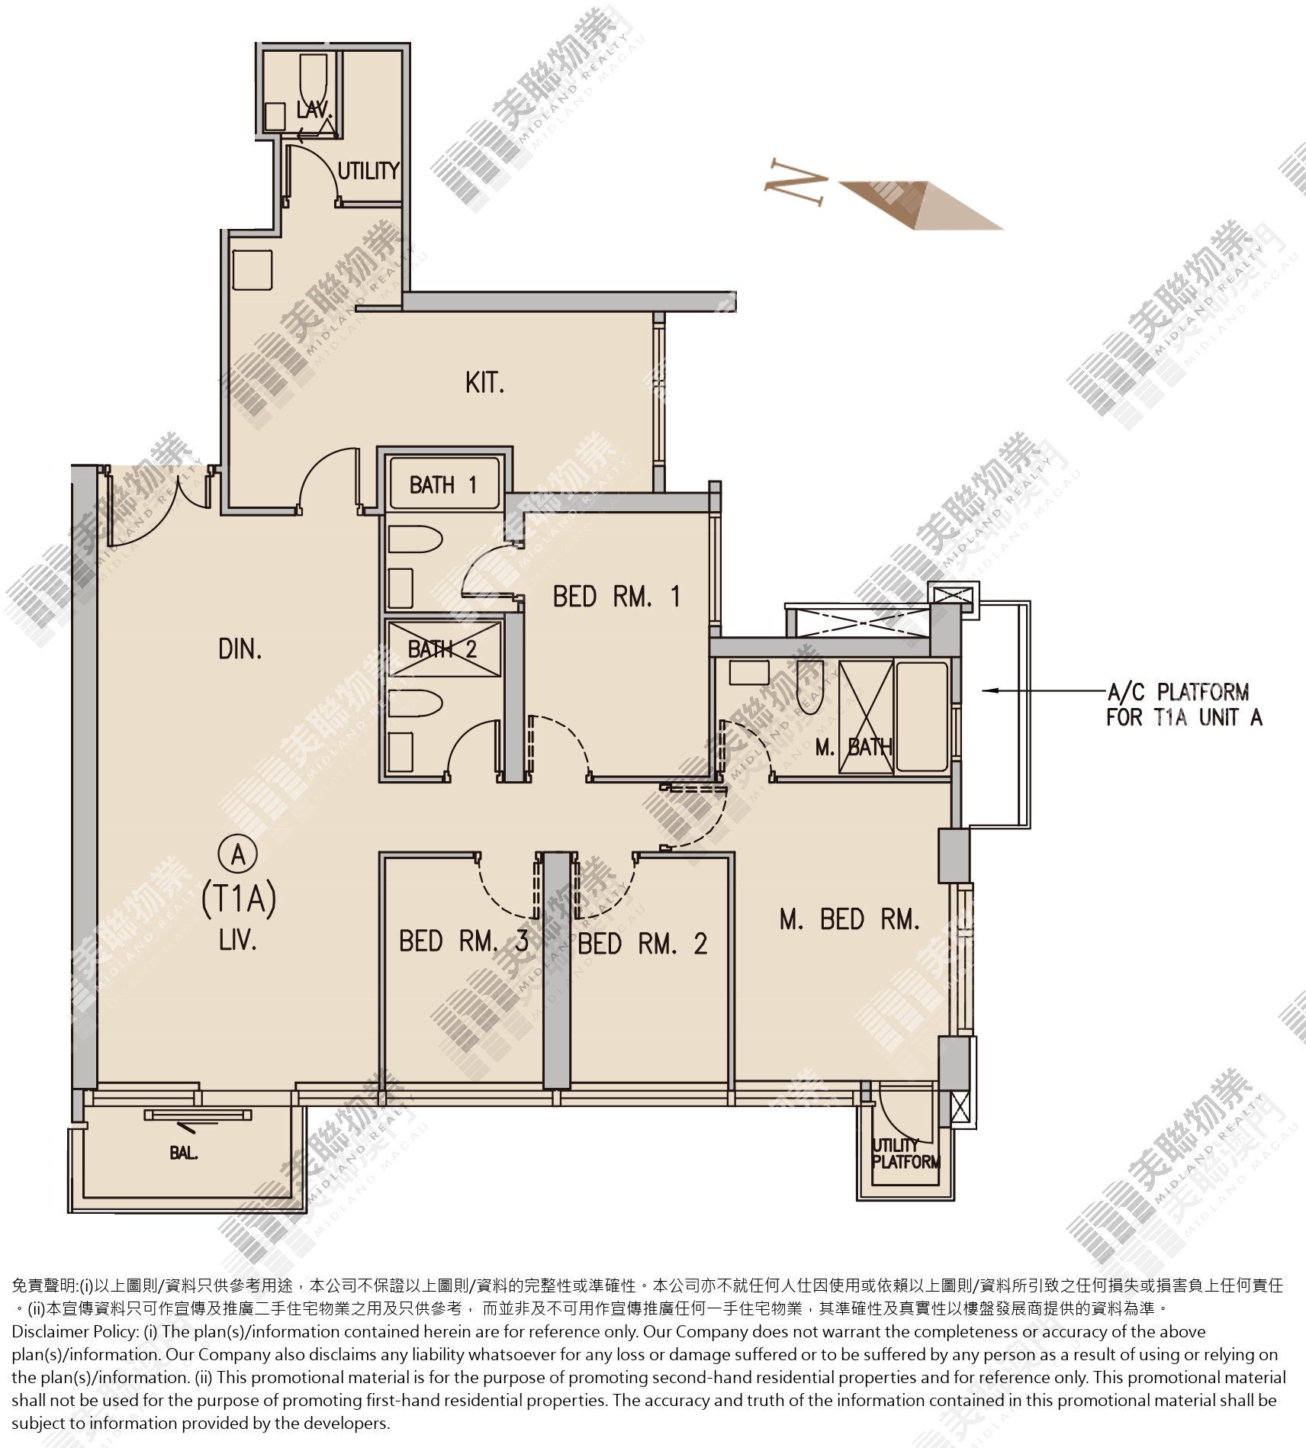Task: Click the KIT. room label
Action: click(x=485, y=382)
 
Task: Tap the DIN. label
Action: click(x=240, y=649)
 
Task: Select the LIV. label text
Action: click(x=237, y=941)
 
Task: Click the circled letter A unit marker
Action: click(x=238, y=854)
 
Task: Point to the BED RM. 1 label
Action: click(x=616, y=596)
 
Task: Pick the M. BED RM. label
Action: click(x=849, y=919)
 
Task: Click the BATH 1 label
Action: click(x=443, y=484)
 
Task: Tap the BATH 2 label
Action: click(x=442, y=648)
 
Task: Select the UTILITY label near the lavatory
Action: click(x=368, y=171)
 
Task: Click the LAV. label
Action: click(x=314, y=110)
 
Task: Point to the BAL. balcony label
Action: click(x=184, y=1154)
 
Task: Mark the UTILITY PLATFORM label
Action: click(x=906, y=1154)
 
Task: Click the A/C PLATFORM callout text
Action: click(x=1184, y=704)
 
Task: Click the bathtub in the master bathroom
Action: click(x=922, y=716)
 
